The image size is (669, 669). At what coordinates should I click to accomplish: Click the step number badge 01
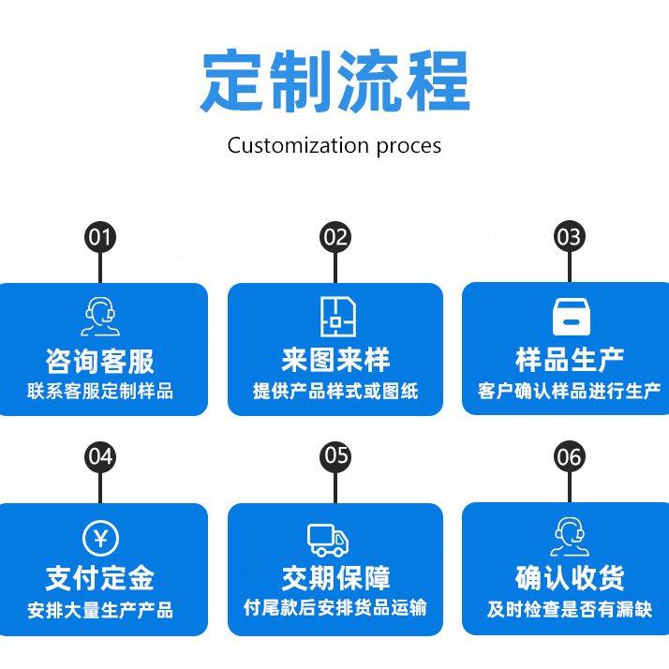tap(100, 236)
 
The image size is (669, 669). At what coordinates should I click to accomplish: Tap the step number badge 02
tap(334, 236)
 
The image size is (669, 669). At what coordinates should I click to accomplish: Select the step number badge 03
tap(569, 236)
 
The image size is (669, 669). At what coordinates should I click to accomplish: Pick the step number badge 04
tap(100, 456)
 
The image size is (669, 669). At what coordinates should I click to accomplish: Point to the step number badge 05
tap(334, 456)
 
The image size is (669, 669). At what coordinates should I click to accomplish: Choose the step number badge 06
tap(569, 456)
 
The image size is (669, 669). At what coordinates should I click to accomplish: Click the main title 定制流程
tap(334, 82)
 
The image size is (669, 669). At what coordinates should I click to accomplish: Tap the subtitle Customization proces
tap(334, 145)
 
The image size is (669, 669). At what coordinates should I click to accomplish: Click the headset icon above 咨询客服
tap(100, 316)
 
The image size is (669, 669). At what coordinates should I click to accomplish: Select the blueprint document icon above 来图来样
tap(334, 317)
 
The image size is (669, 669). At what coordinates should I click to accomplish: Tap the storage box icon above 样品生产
tap(569, 317)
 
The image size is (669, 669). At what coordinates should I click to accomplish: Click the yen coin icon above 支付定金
tap(100, 537)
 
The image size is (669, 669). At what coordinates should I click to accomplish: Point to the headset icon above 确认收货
tap(569, 537)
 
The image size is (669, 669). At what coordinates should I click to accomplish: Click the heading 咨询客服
tap(100, 361)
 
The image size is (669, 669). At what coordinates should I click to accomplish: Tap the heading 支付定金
tap(100, 578)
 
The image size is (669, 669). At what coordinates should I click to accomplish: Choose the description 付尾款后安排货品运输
tap(334, 607)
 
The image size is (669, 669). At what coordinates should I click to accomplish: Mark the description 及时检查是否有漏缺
tap(569, 610)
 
